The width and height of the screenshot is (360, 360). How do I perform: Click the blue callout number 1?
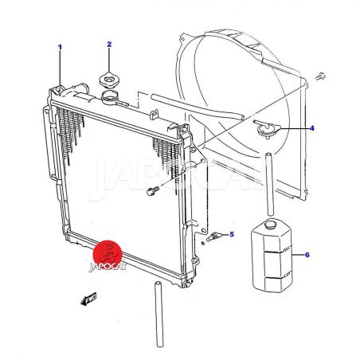click(x=60, y=47)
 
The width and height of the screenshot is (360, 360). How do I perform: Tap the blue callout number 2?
click(x=109, y=45)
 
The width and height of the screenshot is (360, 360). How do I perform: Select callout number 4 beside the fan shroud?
click(x=312, y=128)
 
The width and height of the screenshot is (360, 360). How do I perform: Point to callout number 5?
click(x=232, y=234)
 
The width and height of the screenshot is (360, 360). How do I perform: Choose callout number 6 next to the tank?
click(x=307, y=255)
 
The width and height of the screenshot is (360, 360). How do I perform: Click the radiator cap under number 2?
click(x=108, y=80)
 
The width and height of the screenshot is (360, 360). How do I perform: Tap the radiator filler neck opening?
click(x=109, y=96)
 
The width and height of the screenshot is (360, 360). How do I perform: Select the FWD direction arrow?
click(x=89, y=299)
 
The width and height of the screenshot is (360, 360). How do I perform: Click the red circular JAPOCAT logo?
click(x=108, y=255)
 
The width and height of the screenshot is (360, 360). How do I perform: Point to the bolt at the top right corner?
click(x=320, y=76)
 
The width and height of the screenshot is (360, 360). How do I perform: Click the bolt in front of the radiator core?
click(x=153, y=190)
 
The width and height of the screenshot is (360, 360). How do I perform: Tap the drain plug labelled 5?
click(x=213, y=237)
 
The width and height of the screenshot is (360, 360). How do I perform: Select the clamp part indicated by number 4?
click(x=266, y=129)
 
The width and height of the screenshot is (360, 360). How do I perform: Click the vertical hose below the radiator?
click(x=158, y=315)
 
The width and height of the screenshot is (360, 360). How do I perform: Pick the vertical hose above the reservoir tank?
click(x=270, y=184)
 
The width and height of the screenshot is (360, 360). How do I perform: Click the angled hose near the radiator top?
click(x=198, y=107)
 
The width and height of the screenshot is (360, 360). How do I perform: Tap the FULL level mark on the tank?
click(x=287, y=249)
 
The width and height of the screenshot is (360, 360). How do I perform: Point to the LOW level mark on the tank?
click(x=288, y=274)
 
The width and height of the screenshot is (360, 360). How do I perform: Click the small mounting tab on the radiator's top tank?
click(x=155, y=114)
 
